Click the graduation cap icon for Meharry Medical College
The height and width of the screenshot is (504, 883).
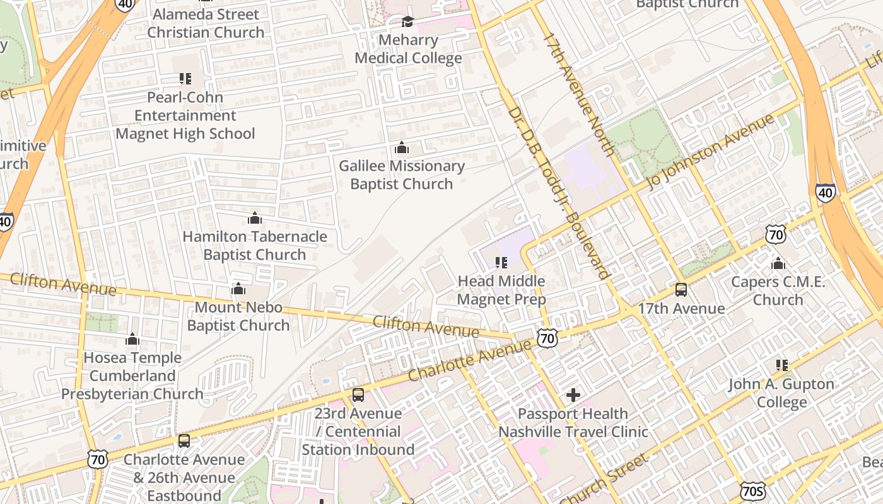point(407,22)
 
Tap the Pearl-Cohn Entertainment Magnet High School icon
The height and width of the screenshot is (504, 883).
point(185,79)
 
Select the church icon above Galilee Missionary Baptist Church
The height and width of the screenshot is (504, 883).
point(401,148)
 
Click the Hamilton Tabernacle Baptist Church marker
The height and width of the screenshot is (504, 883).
point(254,219)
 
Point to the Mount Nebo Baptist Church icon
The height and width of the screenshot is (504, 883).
point(238,289)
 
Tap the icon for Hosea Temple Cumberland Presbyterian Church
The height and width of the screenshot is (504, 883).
point(132,340)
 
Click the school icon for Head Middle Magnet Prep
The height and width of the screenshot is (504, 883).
point(501,263)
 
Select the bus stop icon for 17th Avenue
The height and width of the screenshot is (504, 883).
point(681,290)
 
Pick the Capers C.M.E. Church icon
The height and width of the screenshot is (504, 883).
point(778,263)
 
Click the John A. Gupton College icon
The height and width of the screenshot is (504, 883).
point(781,365)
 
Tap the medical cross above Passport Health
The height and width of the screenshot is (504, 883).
point(573,395)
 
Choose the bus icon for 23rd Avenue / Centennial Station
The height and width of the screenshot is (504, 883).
point(358,395)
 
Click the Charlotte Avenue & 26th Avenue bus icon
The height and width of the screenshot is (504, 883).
point(184,441)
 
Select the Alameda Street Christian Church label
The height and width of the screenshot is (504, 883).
point(206,23)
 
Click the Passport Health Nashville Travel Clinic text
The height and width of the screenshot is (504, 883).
point(573,423)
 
